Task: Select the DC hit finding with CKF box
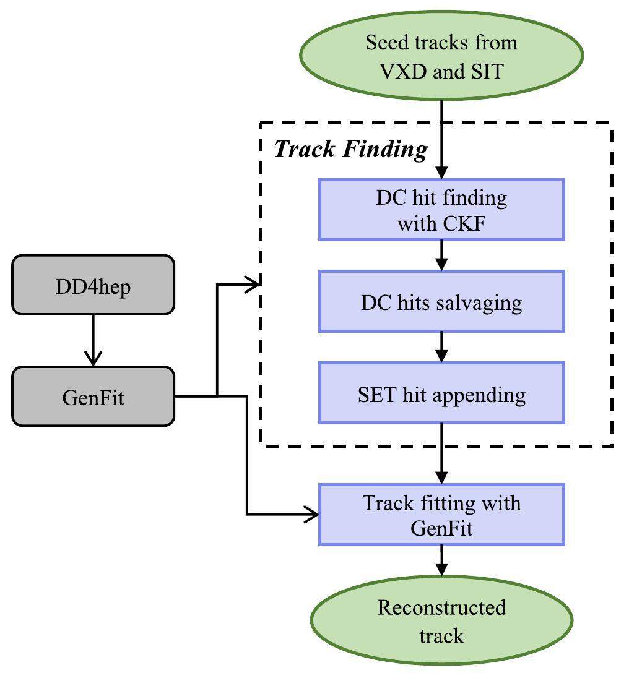click(x=441, y=210)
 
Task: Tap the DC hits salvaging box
click(x=441, y=302)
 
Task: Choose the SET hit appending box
click(x=441, y=393)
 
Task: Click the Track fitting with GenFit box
click(x=441, y=515)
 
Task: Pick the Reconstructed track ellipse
click(x=441, y=621)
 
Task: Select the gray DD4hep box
click(x=93, y=286)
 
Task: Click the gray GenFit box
click(x=93, y=397)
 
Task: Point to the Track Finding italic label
click(x=350, y=149)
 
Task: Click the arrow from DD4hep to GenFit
click(x=93, y=340)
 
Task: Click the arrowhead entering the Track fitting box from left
click(x=311, y=514)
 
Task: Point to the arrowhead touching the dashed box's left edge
click(x=253, y=285)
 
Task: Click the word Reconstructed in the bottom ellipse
click(x=441, y=607)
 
